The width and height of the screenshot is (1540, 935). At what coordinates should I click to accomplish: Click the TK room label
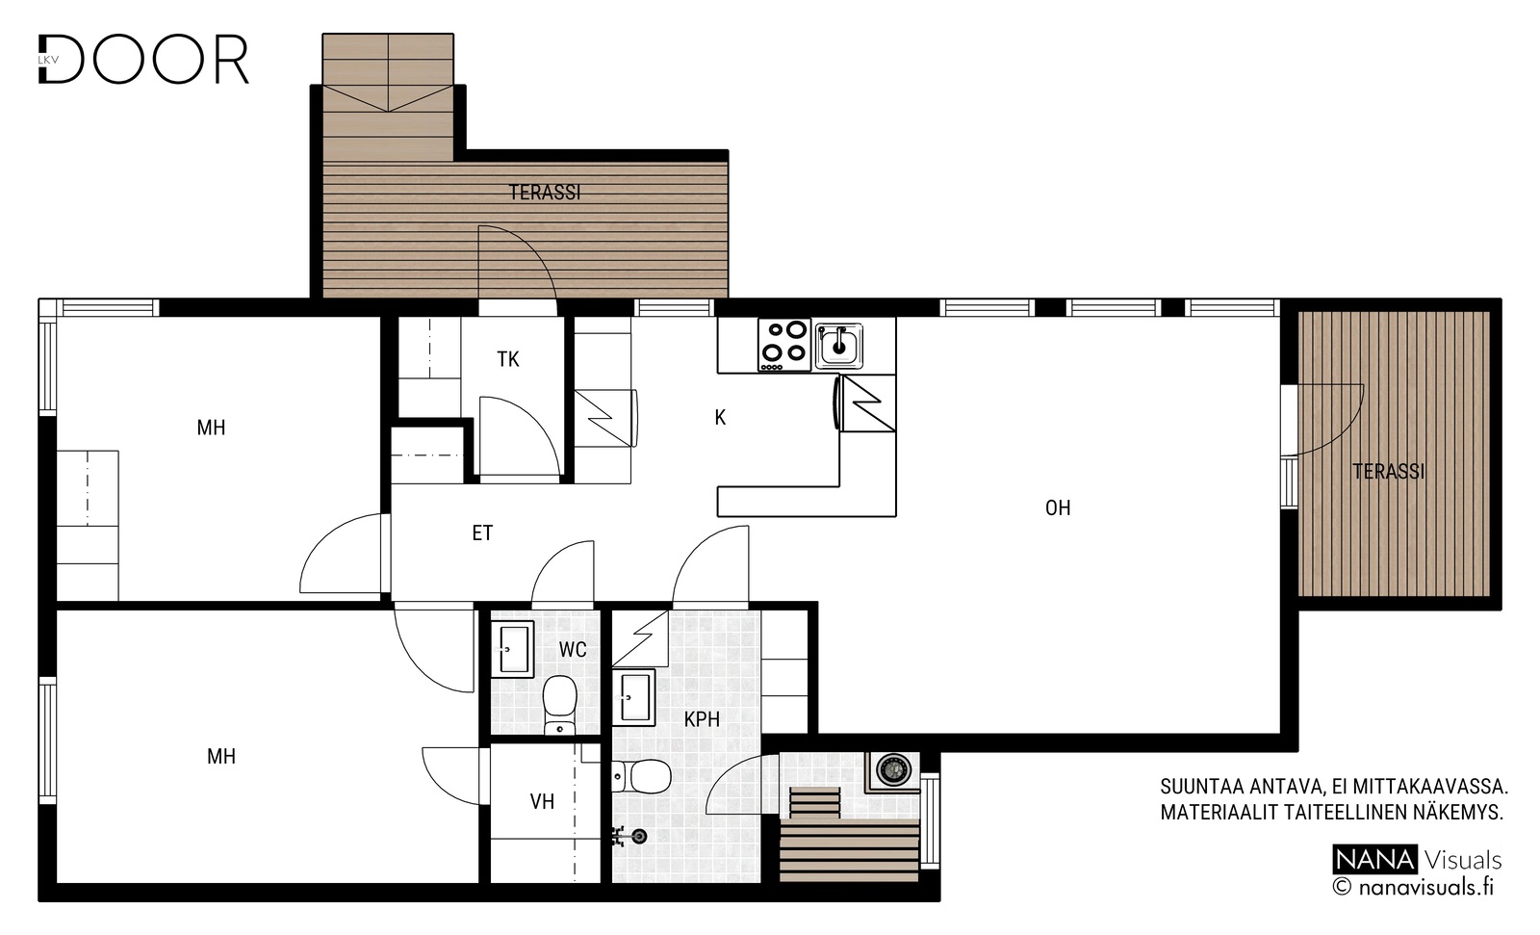(x=508, y=359)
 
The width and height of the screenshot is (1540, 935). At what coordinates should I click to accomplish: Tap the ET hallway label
(x=482, y=532)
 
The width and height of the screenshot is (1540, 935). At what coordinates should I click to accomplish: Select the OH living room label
(x=1058, y=507)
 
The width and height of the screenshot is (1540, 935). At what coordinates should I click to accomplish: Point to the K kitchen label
(x=720, y=417)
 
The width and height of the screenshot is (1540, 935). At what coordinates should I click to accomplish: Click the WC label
(x=573, y=649)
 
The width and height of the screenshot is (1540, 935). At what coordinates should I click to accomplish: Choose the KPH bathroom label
(x=702, y=719)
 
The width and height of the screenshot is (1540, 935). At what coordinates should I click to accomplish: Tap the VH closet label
(x=543, y=801)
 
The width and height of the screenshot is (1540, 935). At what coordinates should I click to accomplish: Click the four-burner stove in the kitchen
(x=784, y=346)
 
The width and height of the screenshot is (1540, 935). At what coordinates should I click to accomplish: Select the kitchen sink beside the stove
(x=838, y=346)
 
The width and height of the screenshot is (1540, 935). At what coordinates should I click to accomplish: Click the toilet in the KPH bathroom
(x=642, y=777)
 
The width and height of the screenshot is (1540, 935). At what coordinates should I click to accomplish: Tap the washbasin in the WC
(x=512, y=649)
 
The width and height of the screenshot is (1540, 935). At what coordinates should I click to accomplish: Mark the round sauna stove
(x=892, y=768)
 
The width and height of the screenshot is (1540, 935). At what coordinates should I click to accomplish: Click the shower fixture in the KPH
(x=629, y=837)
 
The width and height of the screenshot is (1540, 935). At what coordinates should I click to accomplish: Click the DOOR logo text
(x=143, y=59)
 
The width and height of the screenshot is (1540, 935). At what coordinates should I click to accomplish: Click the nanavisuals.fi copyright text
(x=1414, y=887)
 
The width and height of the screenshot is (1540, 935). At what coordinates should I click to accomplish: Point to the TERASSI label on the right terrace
(x=1389, y=471)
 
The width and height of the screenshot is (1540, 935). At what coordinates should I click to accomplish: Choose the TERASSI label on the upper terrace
(x=545, y=192)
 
